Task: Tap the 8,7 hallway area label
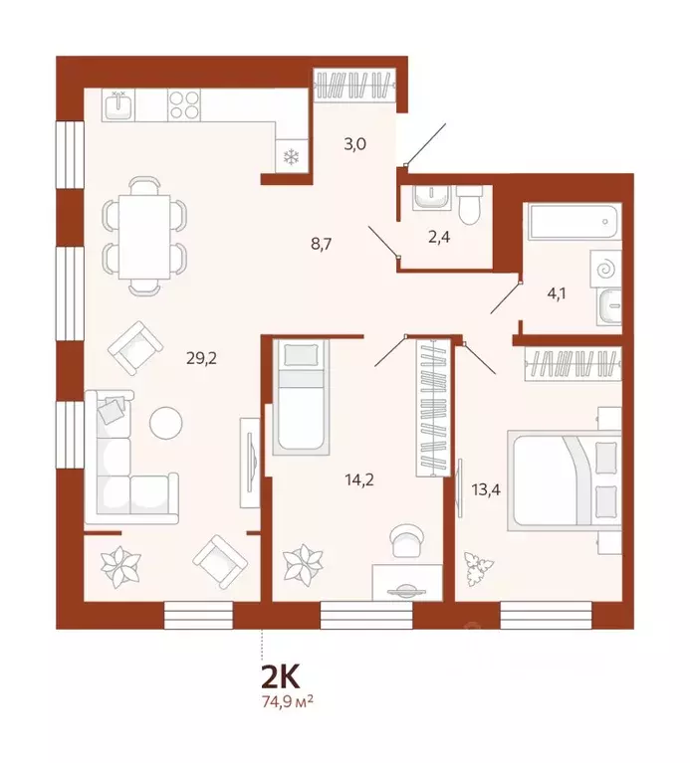[322, 242]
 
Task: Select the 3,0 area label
[354, 143]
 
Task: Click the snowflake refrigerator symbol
[292, 156]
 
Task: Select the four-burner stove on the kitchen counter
[184, 104]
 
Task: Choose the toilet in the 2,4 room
[471, 206]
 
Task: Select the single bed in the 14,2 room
[300, 395]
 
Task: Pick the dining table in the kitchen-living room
[145, 235]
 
